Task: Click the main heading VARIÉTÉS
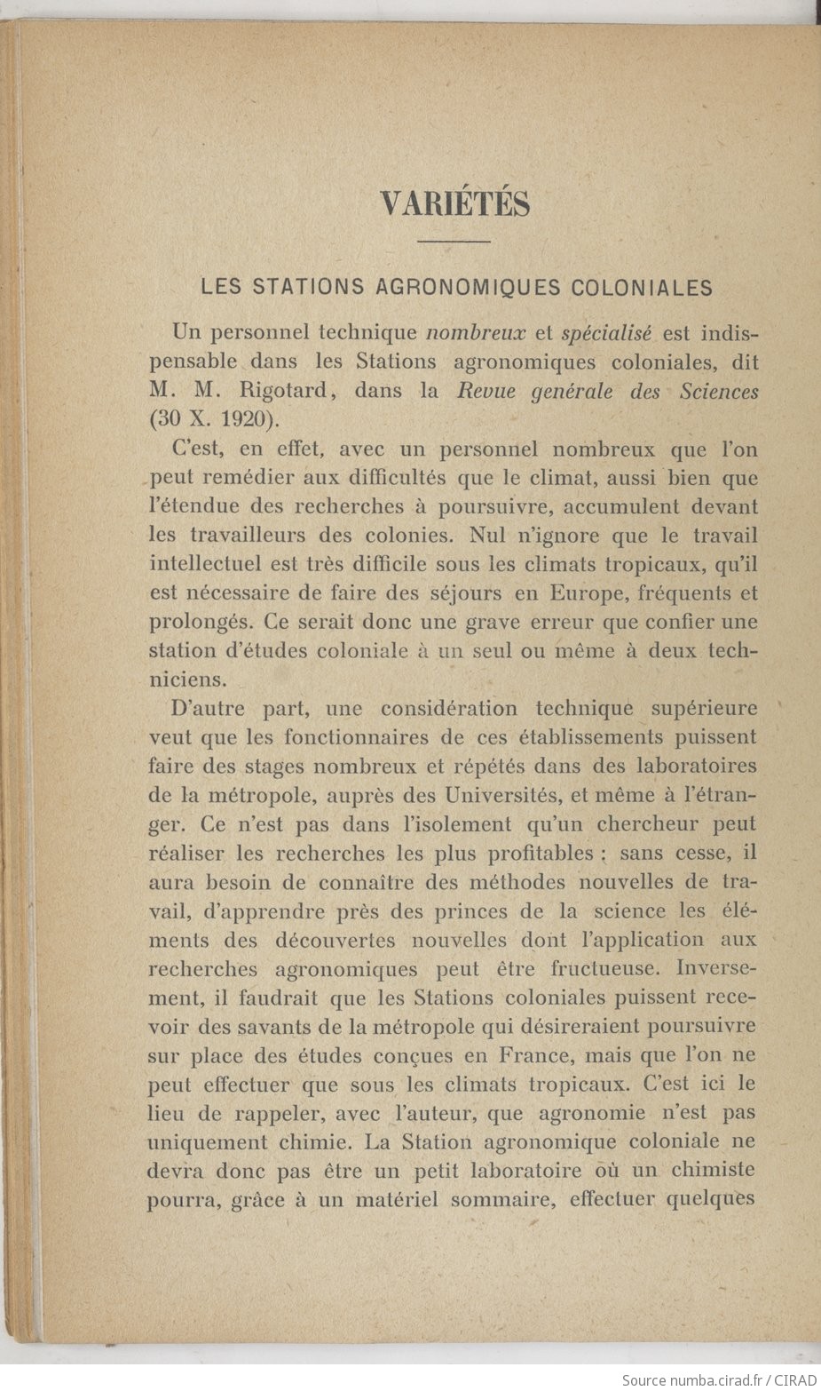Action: [x=455, y=203]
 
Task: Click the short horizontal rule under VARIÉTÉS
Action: [x=454, y=241]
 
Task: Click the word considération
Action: [x=449, y=708]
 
